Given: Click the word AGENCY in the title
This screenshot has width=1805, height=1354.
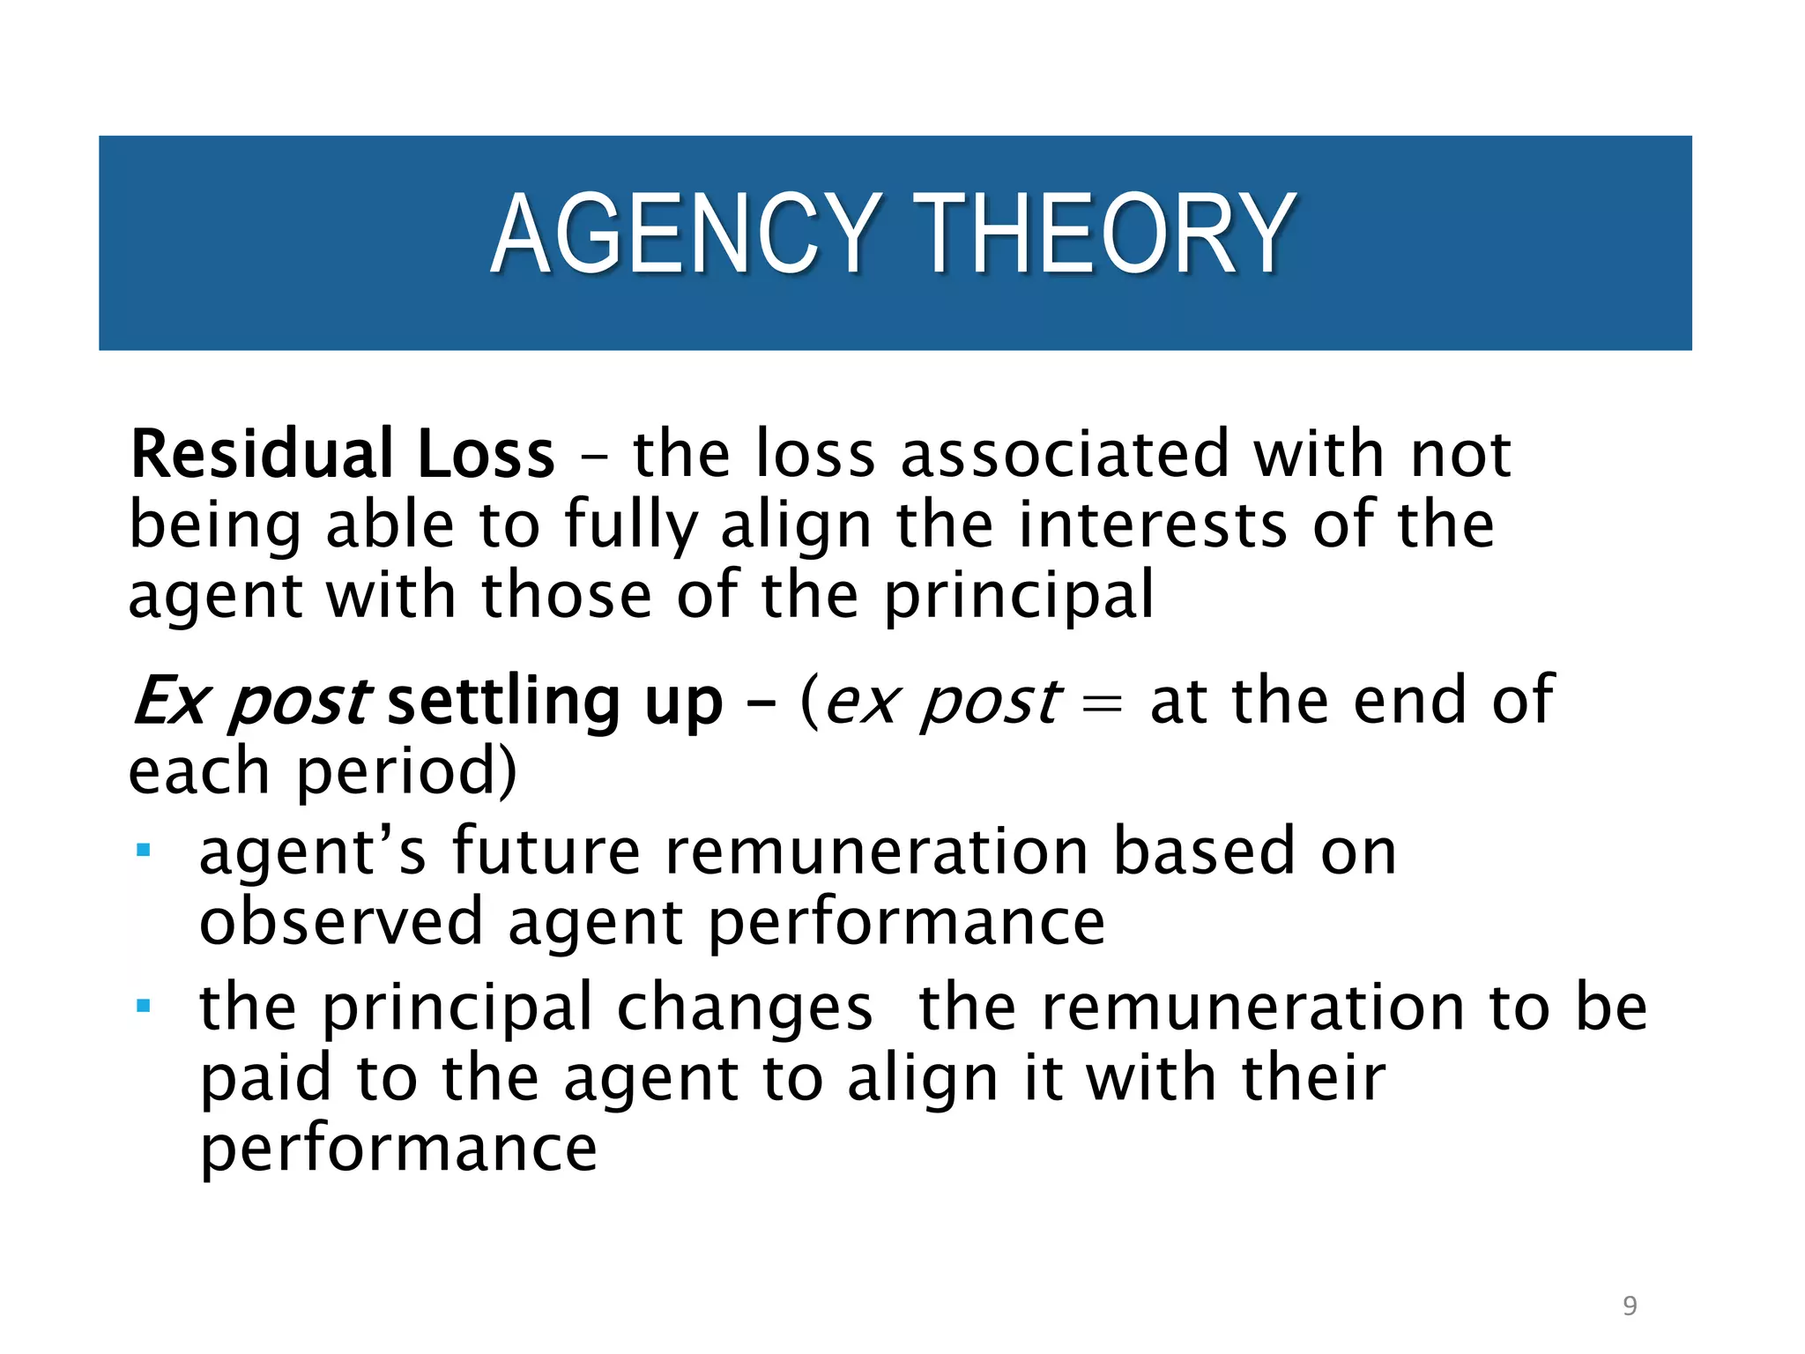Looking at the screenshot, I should (x=686, y=235).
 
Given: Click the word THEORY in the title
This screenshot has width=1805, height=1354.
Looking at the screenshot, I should (x=1103, y=235).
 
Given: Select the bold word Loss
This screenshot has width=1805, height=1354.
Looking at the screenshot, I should (x=486, y=455).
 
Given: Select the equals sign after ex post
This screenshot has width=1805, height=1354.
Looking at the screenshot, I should (x=1102, y=704).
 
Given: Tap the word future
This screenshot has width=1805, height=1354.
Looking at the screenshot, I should (x=546, y=852).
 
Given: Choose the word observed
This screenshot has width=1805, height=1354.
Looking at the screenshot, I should (x=342, y=922).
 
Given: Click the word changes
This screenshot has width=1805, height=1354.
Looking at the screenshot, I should (x=745, y=1008).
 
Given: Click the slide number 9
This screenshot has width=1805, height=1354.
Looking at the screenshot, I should (x=1630, y=1306).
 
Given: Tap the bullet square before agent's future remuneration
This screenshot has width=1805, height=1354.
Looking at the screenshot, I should (x=144, y=851).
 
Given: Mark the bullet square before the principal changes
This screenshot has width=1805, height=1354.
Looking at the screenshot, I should (x=144, y=1006).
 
